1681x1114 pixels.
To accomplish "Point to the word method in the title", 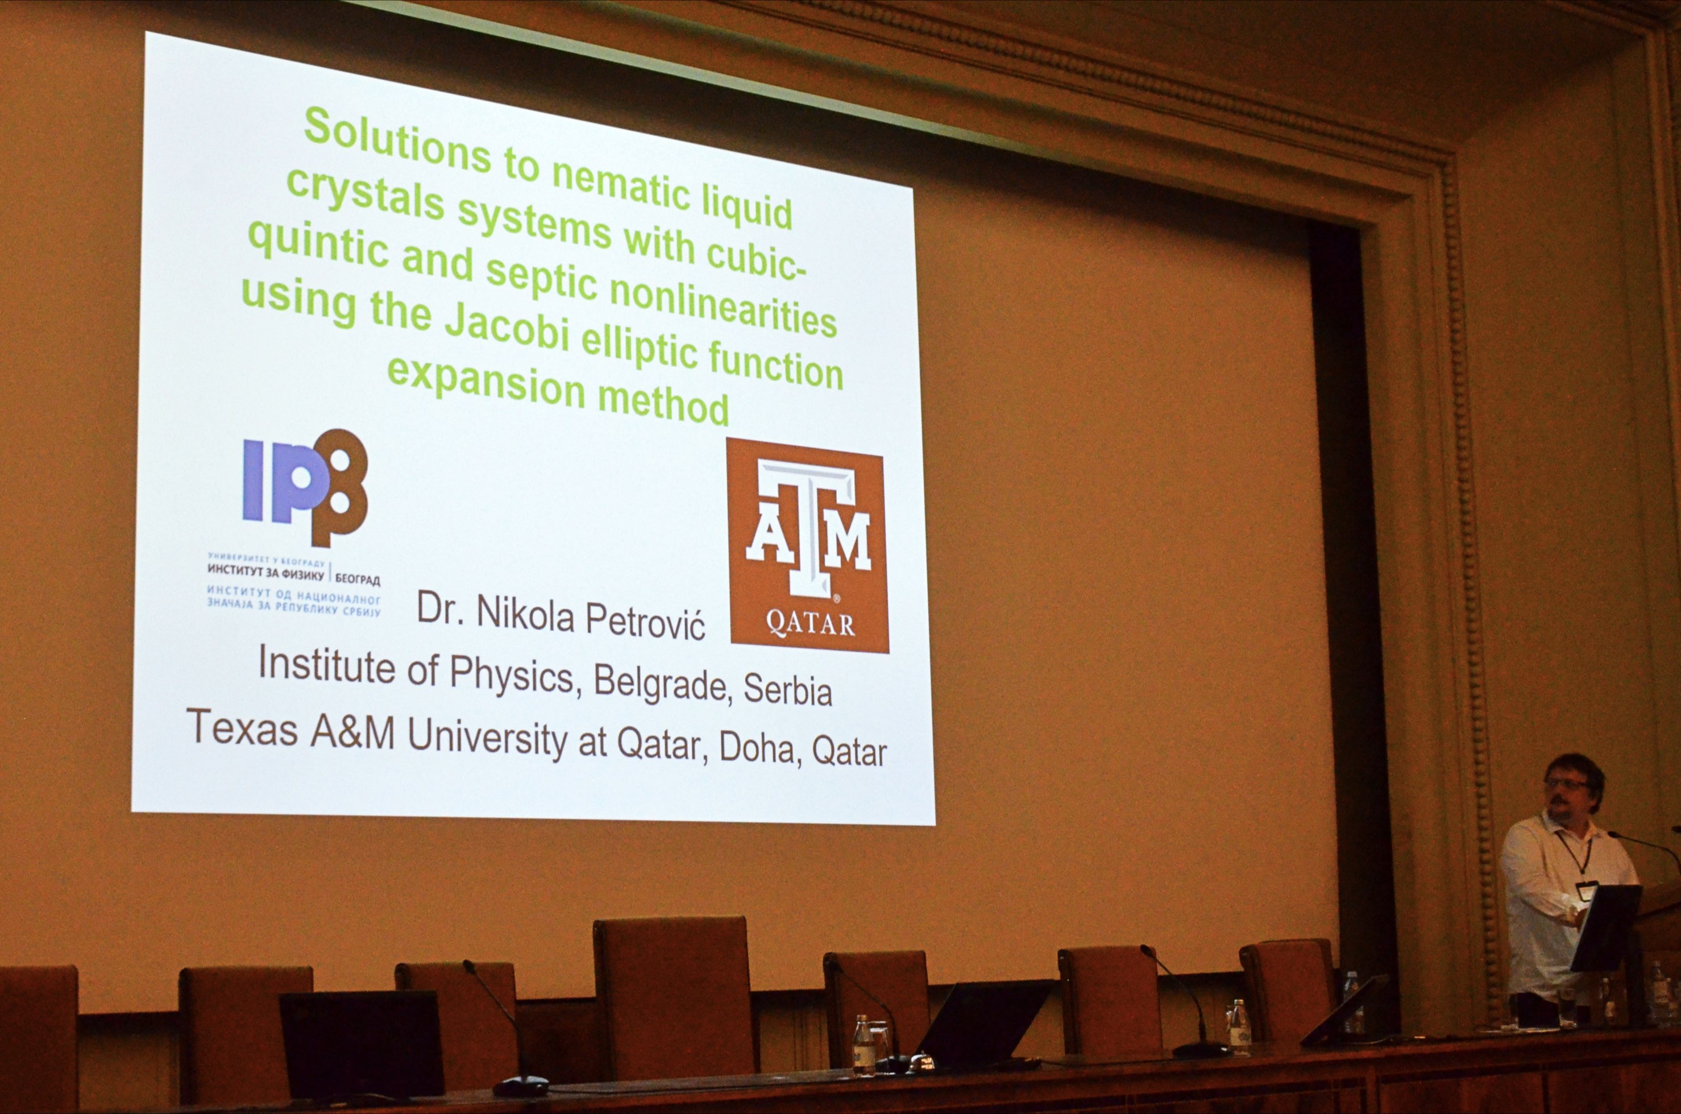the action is tap(663, 402).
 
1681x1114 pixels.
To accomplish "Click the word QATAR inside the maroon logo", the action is tap(810, 624).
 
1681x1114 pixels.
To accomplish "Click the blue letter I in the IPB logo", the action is tap(254, 479).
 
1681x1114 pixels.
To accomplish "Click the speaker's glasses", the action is tap(1566, 784).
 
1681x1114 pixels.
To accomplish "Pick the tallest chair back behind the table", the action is tap(672, 995).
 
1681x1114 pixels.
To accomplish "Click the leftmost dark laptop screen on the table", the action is tap(362, 1043).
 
